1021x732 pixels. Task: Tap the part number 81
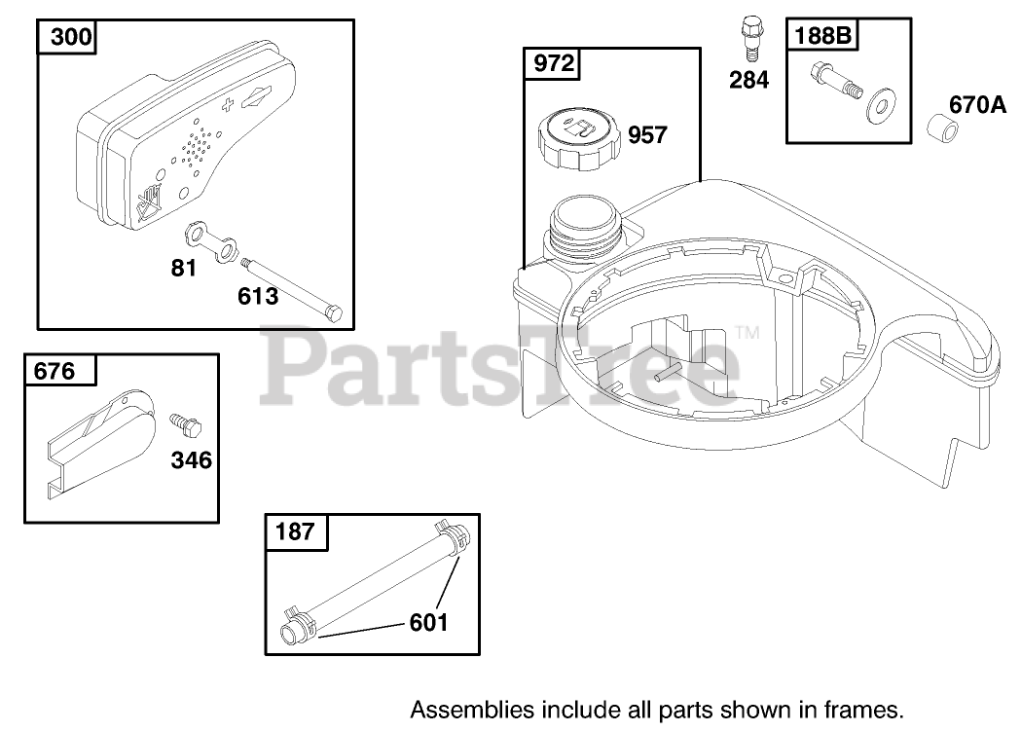[184, 269]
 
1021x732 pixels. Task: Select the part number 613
[257, 296]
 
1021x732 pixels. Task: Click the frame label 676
[55, 372]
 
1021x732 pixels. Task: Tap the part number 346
[191, 459]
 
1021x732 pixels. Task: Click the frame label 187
[296, 531]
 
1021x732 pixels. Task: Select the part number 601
[428, 621]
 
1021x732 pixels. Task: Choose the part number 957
[647, 134]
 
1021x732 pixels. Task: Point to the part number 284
[748, 80]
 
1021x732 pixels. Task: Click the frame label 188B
[823, 35]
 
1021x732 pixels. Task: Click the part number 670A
[977, 104]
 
